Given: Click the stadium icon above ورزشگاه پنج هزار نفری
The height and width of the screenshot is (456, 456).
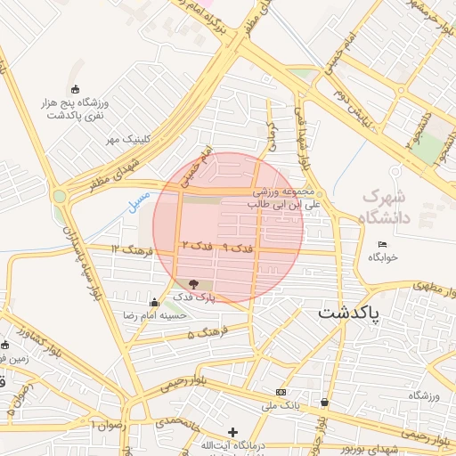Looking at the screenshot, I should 75,89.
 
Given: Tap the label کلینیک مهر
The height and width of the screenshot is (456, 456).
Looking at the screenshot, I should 126,140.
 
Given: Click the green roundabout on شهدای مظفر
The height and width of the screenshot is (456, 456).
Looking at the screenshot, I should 60,196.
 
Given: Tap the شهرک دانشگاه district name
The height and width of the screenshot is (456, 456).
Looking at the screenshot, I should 388,207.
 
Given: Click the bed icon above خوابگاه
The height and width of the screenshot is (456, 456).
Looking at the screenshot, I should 383,245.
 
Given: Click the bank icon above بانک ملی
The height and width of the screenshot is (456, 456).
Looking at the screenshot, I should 281,392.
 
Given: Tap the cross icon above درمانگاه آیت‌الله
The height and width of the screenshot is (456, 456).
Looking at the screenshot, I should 233,432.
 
